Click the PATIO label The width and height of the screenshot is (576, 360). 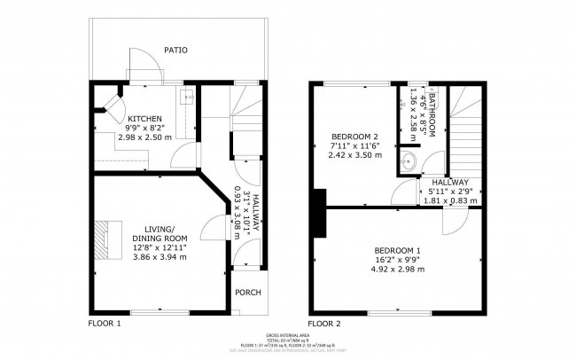pyautogui.click(x=175, y=51)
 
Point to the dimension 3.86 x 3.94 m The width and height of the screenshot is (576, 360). pyautogui.click(x=160, y=257)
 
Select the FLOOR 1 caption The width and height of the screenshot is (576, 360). pyautogui.click(x=104, y=324)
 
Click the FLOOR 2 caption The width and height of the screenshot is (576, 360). pyautogui.click(x=324, y=324)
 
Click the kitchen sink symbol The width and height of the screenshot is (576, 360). pyautogui.click(x=186, y=98)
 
